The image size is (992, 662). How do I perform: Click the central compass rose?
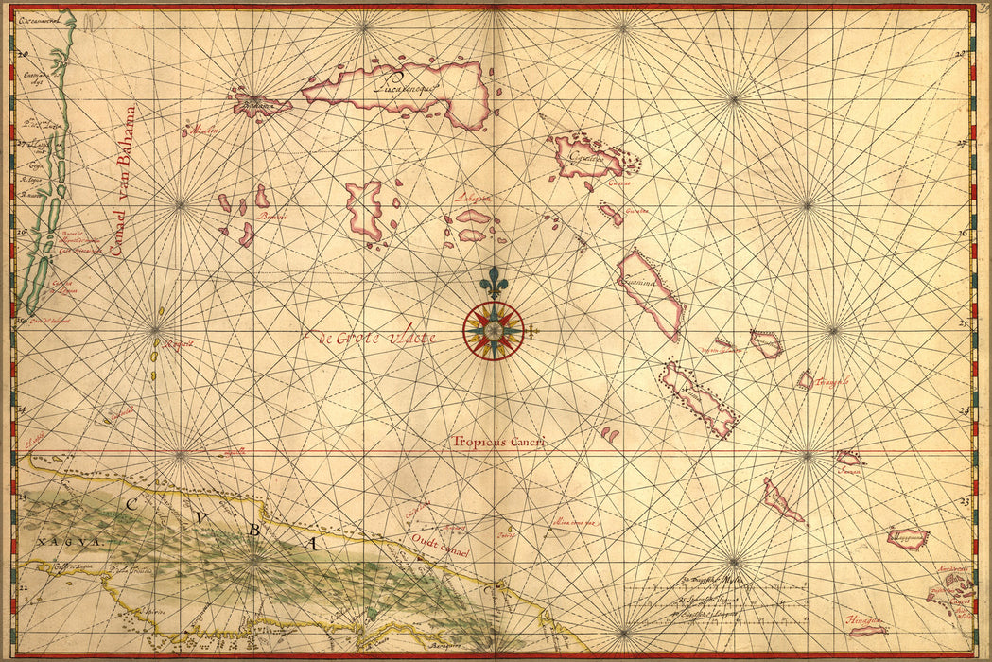tap(493, 329)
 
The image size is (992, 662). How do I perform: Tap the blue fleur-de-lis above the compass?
tap(493, 283)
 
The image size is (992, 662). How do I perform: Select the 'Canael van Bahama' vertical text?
tap(122, 180)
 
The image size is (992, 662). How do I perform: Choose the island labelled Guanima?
tap(651, 293)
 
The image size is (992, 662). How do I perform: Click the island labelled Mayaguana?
tap(908, 538)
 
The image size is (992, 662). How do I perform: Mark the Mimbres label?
tap(202, 131)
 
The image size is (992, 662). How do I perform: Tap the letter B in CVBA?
tap(252, 530)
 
